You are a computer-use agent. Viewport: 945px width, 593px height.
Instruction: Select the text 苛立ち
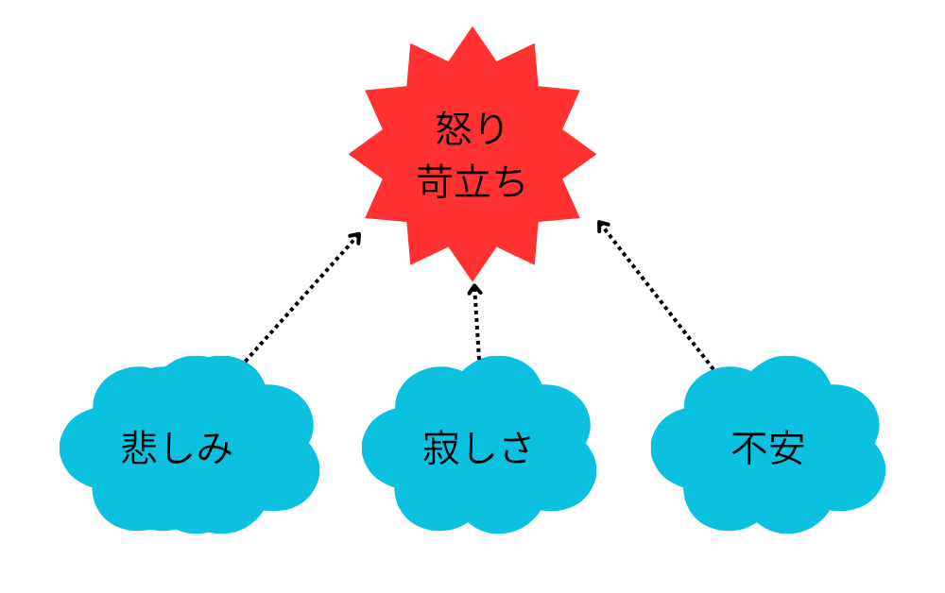tap(472, 181)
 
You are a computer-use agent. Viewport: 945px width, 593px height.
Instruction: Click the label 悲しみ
tap(177, 449)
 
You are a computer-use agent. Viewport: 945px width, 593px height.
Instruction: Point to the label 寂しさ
tap(478, 449)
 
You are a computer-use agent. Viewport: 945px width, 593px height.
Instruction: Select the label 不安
tap(767, 449)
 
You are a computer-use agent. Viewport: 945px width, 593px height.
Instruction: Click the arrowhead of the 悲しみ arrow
tap(355, 238)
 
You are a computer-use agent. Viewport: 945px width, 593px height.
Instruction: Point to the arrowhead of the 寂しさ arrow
tap(475, 289)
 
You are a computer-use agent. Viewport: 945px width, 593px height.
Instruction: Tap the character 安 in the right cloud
tap(786, 449)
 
